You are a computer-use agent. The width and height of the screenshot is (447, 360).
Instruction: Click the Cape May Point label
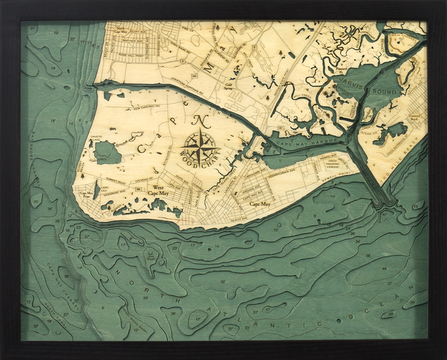pos(86,194)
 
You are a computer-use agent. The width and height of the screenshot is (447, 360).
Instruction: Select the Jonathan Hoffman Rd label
pos(190,80)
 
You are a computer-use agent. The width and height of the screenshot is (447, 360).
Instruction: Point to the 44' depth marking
pos(384,269)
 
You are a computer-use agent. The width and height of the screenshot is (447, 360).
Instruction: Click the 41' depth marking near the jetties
pos(384,215)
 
